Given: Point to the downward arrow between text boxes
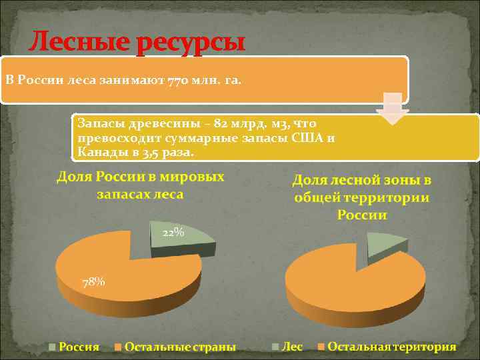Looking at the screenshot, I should tap(393, 110).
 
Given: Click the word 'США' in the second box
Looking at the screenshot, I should tap(309, 138).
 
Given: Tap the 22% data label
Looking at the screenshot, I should tap(173, 232).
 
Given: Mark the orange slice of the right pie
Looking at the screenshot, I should tap(353, 280).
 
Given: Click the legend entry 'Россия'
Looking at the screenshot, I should tap(79, 347).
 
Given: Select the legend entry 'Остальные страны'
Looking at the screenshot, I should tap(179, 347).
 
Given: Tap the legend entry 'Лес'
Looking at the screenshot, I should tap(292, 347).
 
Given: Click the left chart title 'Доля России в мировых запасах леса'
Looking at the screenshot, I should tap(140, 185).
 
